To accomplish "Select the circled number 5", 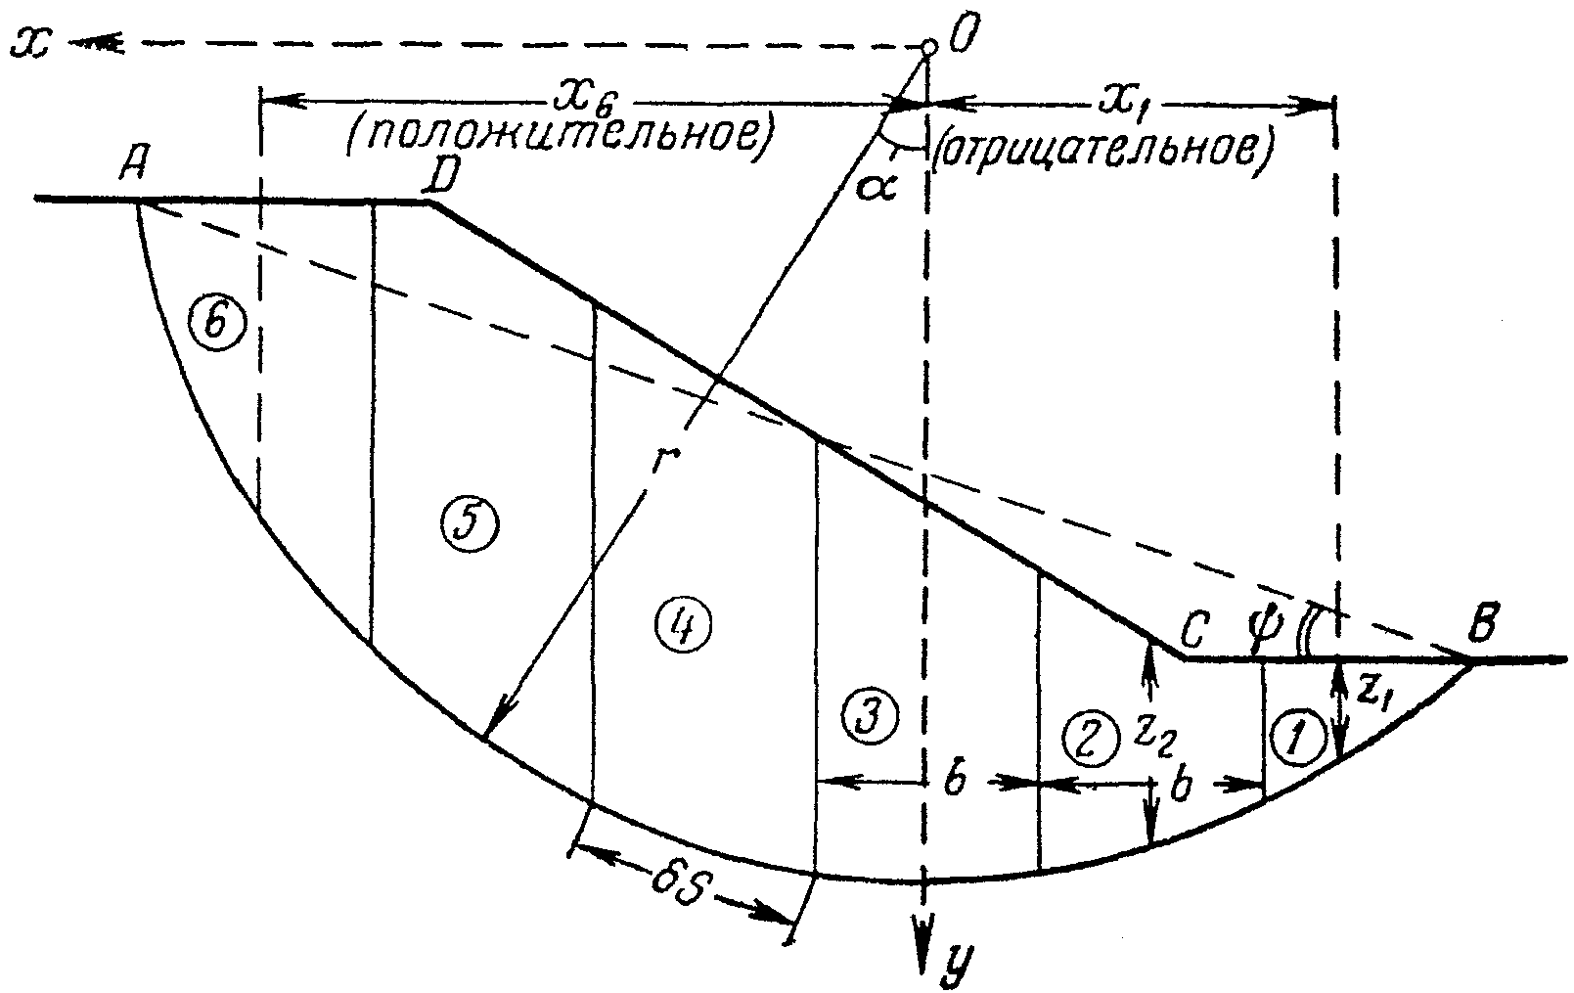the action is tap(471, 525).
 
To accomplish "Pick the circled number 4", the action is tap(682, 625).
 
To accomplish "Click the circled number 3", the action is tap(871, 717).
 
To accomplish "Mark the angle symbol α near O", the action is tap(877, 188).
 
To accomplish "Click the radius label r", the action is tap(659, 461).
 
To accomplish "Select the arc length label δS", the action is tap(680, 888).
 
